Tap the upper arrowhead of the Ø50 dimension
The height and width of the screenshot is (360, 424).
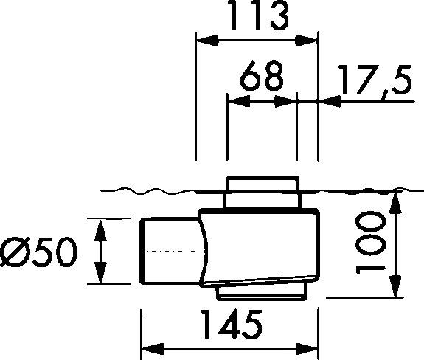pyautogui.click(x=100, y=226)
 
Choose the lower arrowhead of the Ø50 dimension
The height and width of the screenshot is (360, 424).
pyautogui.click(x=100, y=277)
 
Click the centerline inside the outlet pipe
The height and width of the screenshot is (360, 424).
pyautogui.click(x=170, y=252)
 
